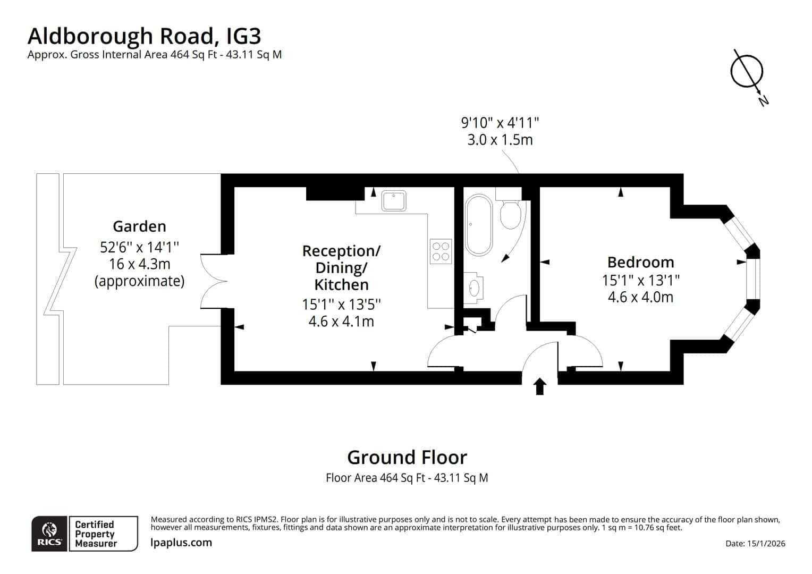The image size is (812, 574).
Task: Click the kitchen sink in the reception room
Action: coord(394,200)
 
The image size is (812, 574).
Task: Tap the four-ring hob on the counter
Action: coord(441,251)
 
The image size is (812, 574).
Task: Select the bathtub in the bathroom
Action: coord(479,225)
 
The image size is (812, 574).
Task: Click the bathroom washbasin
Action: coord(473,288)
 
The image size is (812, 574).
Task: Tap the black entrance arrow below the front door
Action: coord(540,386)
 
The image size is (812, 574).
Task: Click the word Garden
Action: coord(140,226)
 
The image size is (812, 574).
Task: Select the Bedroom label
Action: coord(640,262)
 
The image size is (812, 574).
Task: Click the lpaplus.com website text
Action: coord(181,543)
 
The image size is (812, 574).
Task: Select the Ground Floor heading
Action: coord(407,457)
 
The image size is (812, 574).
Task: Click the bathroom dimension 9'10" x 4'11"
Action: coord(500,123)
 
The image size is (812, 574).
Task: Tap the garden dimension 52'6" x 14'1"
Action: coord(140,247)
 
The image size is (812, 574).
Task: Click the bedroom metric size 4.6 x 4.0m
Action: coord(640,297)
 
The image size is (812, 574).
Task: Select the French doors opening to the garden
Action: coord(214,281)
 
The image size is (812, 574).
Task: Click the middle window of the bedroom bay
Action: coord(753,279)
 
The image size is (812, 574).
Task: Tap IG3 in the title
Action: coord(243,36)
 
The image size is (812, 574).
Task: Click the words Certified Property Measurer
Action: coord(95,534)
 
